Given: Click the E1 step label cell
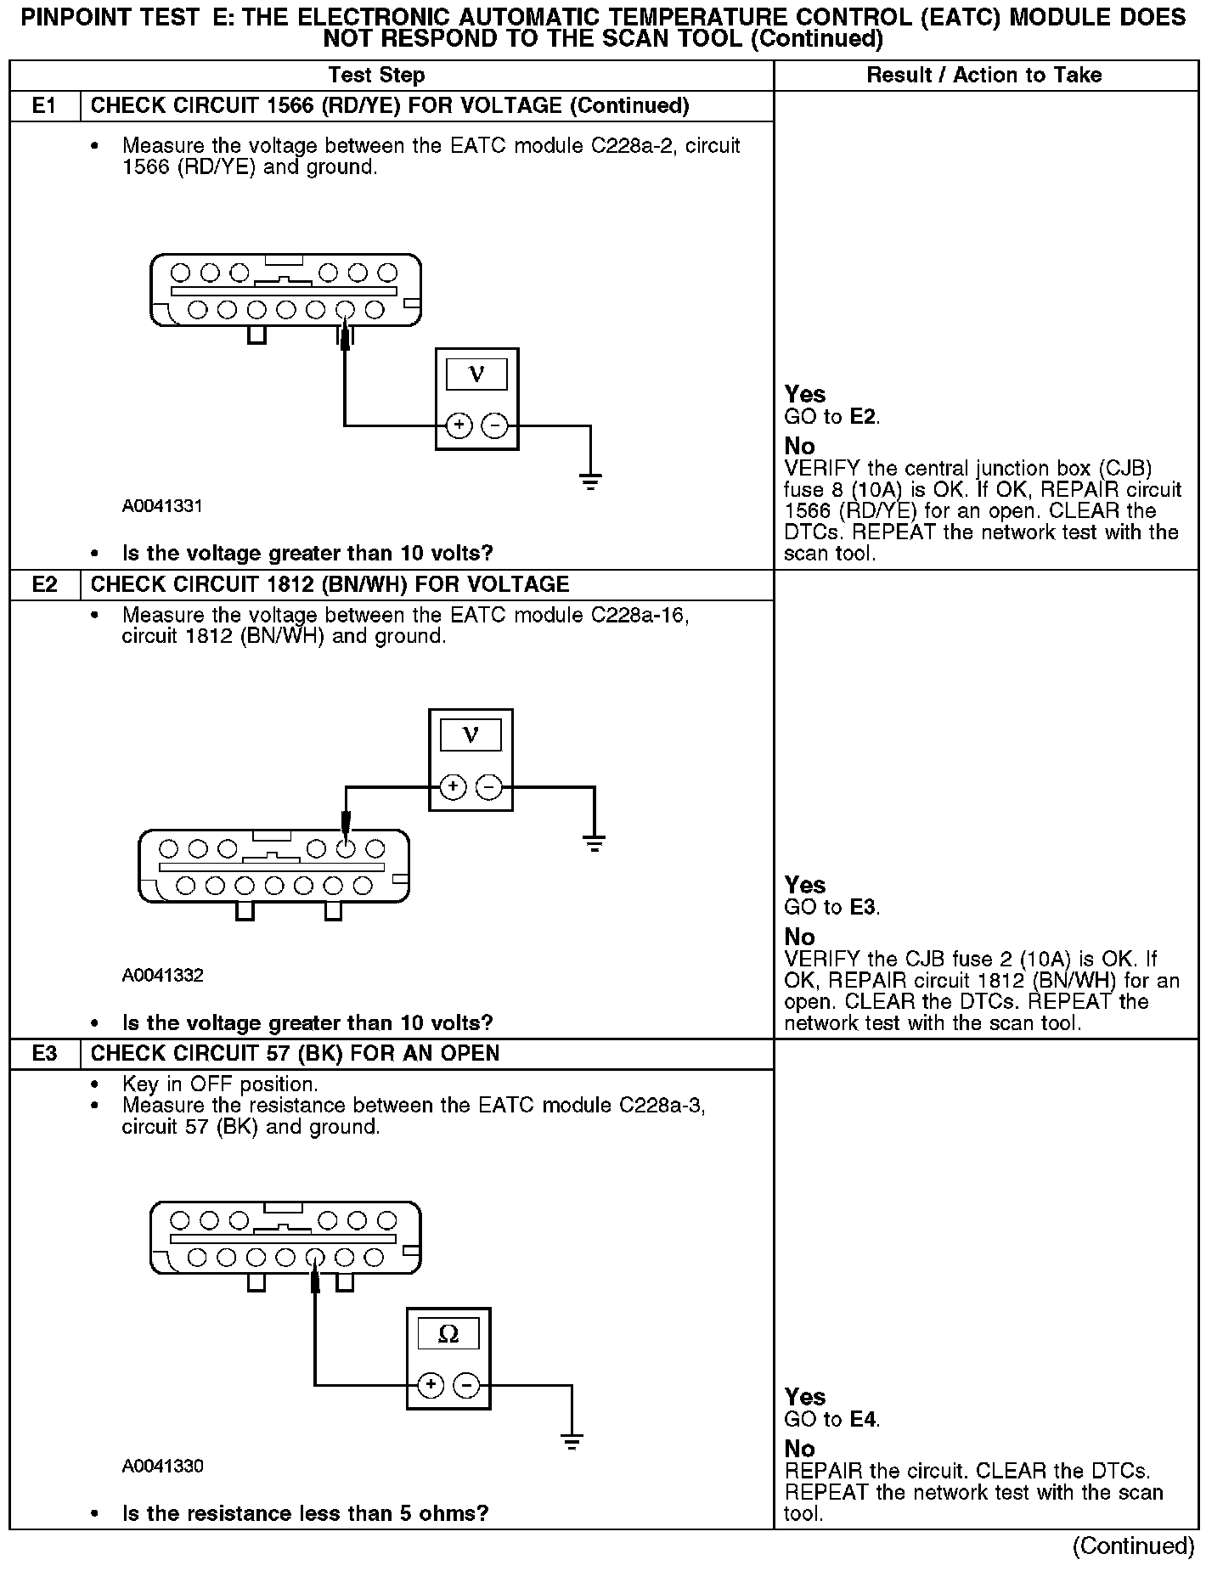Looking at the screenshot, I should tap(45, 106).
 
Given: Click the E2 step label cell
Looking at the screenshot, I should tap(45, 585).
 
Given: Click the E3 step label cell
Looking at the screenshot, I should tap(45, 1054).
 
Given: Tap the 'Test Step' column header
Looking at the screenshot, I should tap(376, 76).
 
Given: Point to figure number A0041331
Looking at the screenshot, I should tap(162, 507).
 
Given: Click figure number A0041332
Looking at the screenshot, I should tap(162, 976).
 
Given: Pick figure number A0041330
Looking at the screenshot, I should tap(162, 1467).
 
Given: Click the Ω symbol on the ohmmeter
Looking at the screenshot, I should tap(448, 1336).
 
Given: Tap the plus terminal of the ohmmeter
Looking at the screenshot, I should tap(431, 1386).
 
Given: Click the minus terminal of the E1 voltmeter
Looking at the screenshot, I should tap(494, 425).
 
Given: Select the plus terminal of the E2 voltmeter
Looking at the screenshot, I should tap(454, 788).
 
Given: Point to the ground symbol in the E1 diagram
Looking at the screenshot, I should tap(590, 482).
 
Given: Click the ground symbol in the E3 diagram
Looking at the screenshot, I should tap(572, 1441).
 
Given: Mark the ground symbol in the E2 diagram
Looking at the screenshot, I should tap(594, 843).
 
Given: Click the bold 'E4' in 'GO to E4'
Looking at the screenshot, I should tap(863, 1419).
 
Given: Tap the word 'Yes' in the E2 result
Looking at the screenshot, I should tap(805, 886).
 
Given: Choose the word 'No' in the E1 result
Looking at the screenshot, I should tap(799, 447).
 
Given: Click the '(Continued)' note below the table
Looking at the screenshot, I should tap(1133, 1546).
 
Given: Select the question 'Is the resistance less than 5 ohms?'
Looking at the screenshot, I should tap(305, 1514).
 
